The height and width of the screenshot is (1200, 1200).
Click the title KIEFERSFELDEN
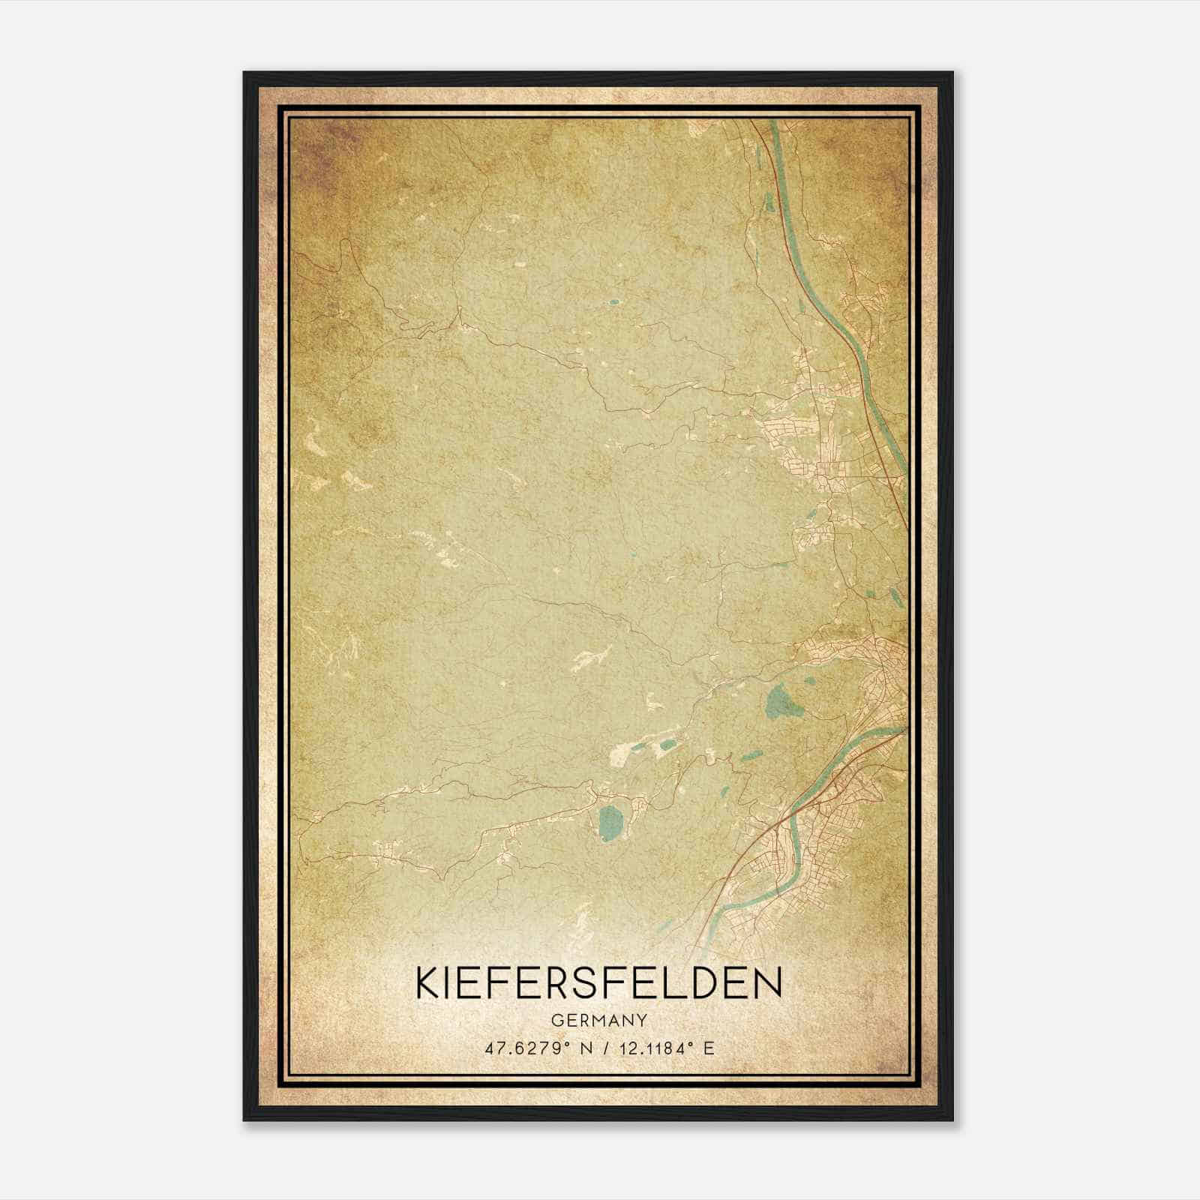(598, 982)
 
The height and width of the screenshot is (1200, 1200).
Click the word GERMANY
(598, 1020)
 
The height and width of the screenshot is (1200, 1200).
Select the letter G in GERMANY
(556, 1020)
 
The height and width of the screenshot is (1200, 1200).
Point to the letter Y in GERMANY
(642, 1020)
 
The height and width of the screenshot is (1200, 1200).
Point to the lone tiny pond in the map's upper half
(613, 302)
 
